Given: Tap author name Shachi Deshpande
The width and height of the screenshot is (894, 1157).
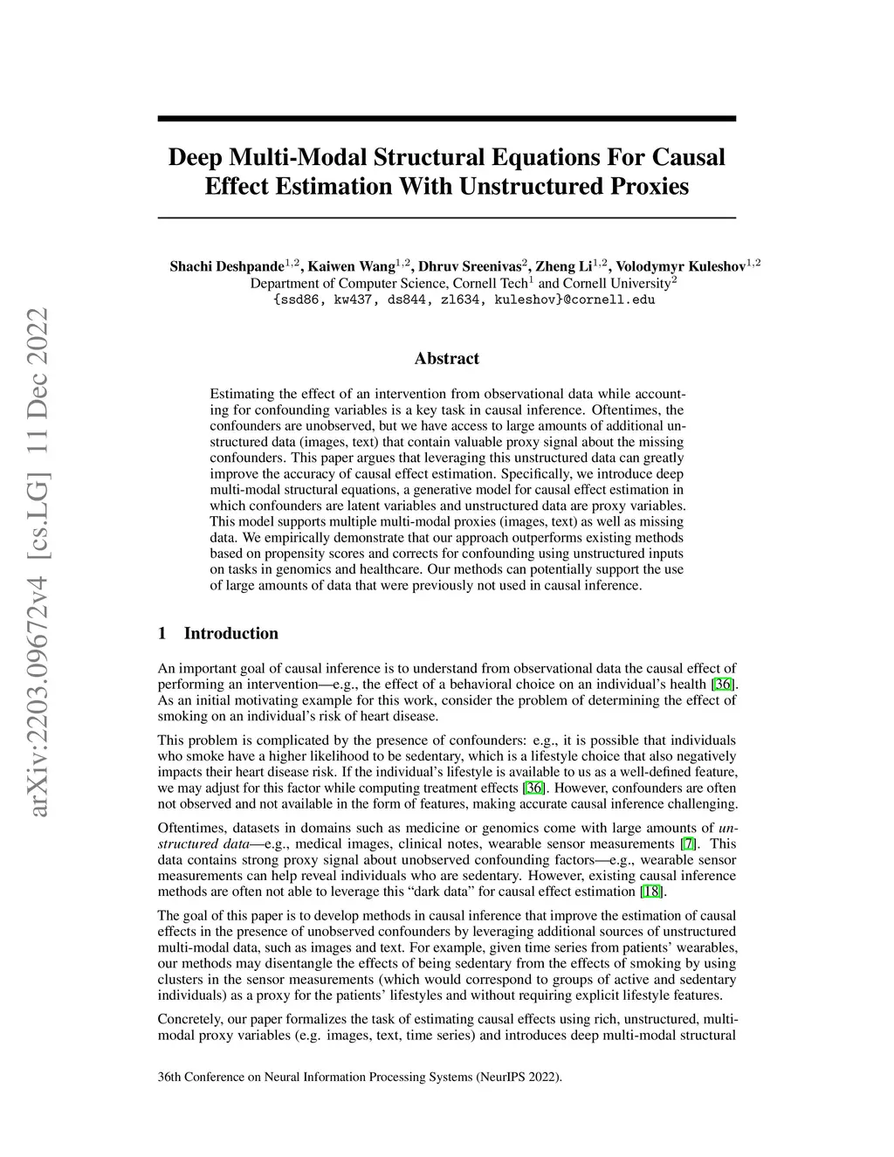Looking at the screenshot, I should coord(226,266).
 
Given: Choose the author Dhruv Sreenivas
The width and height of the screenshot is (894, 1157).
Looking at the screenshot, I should coord(470,266).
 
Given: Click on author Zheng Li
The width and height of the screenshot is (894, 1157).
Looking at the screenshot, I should coord(562,266).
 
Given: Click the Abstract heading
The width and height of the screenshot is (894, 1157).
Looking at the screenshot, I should coord(446,359).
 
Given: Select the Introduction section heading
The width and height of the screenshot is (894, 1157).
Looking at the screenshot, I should coord(230,634).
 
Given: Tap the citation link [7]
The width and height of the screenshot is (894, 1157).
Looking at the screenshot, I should coord(688,844).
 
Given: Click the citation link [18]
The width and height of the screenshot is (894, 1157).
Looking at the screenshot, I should coord(651,892).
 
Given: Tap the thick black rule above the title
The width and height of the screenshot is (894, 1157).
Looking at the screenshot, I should coord(446,119).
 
